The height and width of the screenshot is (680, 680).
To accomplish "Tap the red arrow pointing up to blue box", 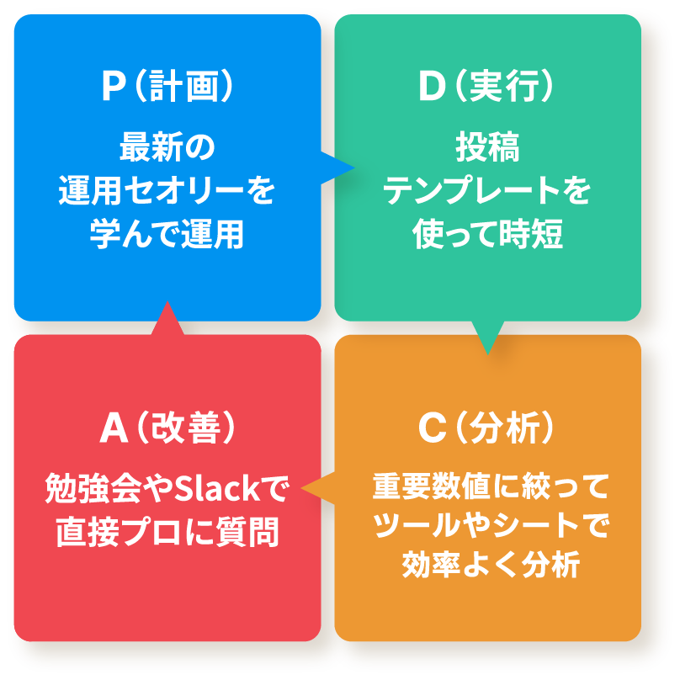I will coord(167,318).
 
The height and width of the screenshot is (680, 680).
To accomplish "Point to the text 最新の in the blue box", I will coord(167,148).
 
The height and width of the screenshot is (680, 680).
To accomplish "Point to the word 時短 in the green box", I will coord(534,236).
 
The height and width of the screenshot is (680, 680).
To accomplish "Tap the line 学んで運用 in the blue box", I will coord(167,236).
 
